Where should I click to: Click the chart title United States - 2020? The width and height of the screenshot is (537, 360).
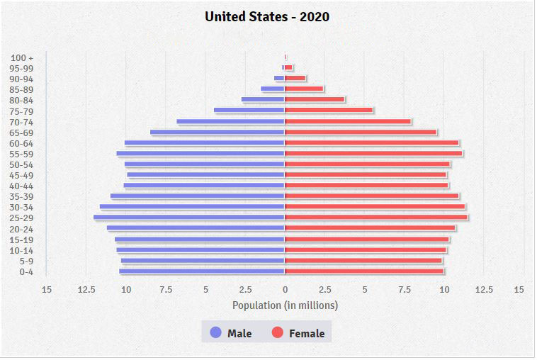(267, 16)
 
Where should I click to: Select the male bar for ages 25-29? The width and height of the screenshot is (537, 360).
(188, 218)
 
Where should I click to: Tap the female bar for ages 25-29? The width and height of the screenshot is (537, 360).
(376, 218)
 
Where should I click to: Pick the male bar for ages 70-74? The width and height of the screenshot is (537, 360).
(230, 121)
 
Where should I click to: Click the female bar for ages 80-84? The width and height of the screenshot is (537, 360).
(315, 100)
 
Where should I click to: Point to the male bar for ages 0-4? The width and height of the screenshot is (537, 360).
(202, 271)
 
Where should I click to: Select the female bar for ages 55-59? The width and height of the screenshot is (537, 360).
(373, 153)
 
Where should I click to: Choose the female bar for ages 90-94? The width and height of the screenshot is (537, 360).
(295, 78)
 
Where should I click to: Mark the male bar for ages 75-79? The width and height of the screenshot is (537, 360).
(249, 110)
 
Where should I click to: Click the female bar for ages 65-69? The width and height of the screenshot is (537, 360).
(361, 132)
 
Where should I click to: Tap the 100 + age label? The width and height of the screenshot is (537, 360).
(23, 57)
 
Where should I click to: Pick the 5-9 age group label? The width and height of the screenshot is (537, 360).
(26, 261)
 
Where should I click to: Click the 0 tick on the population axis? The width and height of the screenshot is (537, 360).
(285, 289)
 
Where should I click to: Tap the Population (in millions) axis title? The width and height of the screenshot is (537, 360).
(285, 305)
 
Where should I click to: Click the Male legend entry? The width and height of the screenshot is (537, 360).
(231, 333)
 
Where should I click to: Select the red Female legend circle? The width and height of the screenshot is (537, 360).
(278, 332)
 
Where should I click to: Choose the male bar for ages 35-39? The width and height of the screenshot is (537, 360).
(197, 196)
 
